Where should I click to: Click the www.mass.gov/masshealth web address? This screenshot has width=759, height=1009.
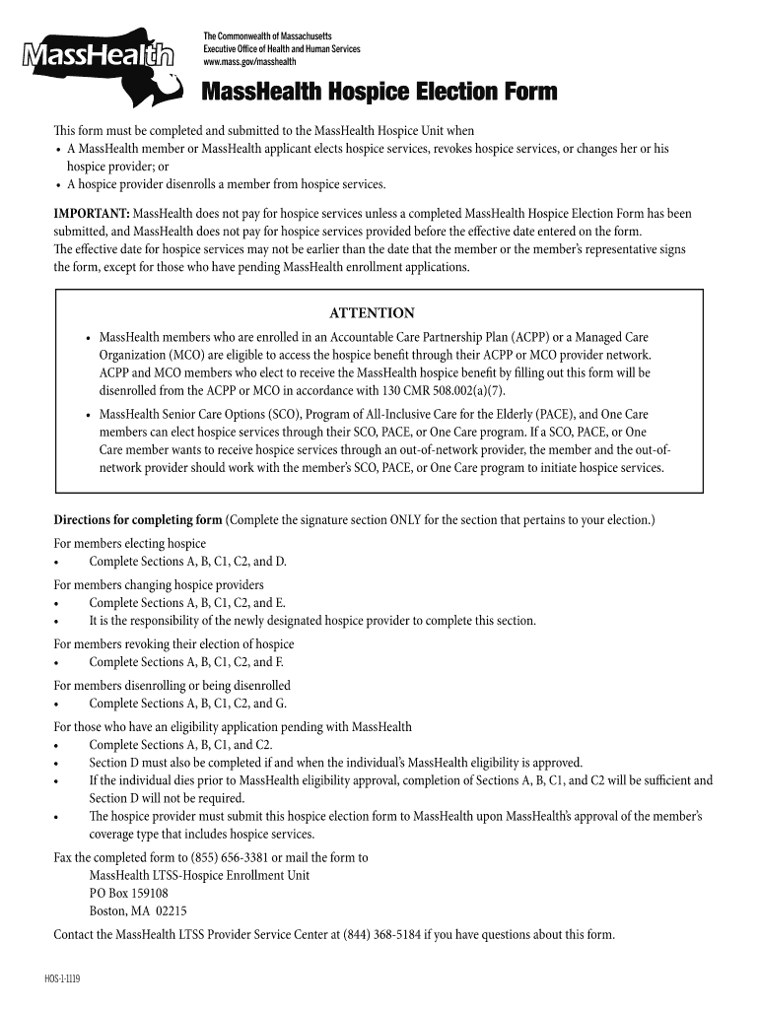(249, 62)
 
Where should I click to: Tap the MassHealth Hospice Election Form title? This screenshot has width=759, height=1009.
(379, 93)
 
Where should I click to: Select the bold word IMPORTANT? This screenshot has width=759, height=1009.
(92, 213)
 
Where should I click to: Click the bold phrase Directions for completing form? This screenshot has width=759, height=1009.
(138, 519)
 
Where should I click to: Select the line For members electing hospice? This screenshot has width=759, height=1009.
(129, 543)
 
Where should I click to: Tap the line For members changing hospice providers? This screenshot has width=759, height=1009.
(159, 584)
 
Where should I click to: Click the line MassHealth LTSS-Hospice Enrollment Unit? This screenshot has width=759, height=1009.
(199, 875)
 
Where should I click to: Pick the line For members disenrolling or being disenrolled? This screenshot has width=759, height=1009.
(172, 685)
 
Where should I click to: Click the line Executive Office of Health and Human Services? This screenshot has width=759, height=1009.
(282, 49)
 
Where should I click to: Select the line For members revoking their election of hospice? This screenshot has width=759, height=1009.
(173, 643)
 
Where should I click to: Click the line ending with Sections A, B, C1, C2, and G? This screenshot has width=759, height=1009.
(187, 704)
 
